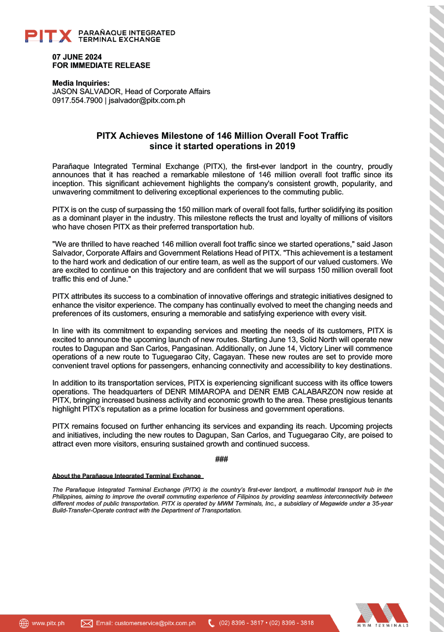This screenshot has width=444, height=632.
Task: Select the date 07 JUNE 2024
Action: [77, 57]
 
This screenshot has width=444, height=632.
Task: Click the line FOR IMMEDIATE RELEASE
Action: [101, 65]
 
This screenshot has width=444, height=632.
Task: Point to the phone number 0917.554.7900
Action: [77, 100]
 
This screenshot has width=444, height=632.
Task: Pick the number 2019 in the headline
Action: [286, 146]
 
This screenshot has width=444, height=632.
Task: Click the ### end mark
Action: [222, 459]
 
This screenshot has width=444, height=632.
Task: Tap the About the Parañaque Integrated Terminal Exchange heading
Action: [127, 476]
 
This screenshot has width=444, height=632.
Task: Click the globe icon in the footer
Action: [24, 623]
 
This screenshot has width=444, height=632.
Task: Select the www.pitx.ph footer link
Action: [48, 623]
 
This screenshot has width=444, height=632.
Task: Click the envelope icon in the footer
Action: [87, 623]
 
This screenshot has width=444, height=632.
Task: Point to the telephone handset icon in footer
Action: [212, 623]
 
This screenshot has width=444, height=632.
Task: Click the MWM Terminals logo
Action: [382, 615]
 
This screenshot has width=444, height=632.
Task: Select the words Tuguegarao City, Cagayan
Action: [175, 358]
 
